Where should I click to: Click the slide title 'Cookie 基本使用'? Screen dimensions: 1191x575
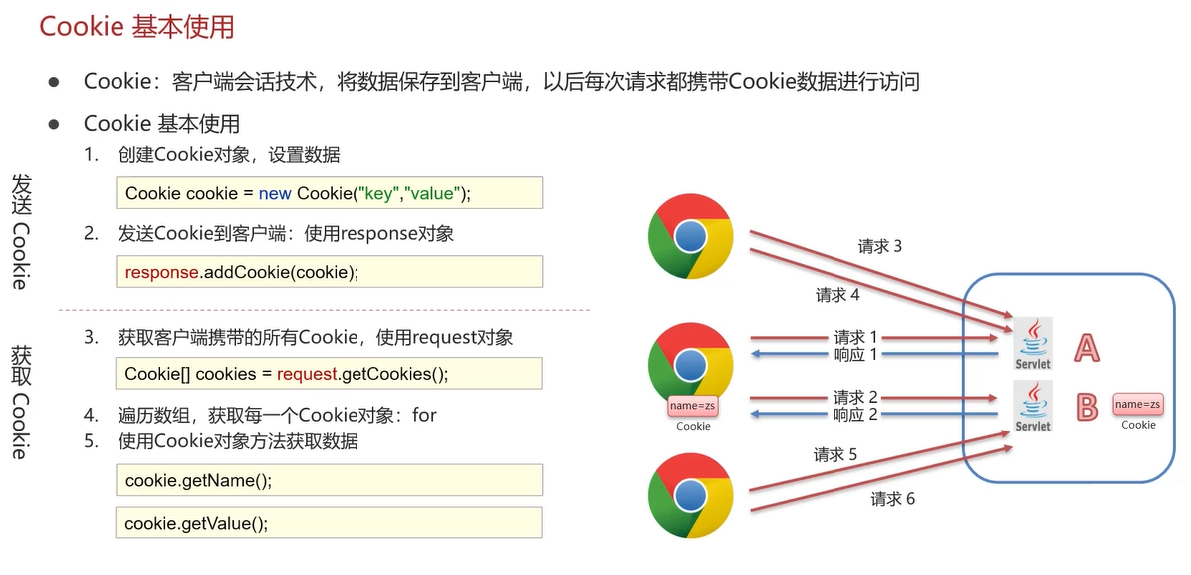(x=136, y=26)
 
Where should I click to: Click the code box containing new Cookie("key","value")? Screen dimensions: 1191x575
(x=330, y=193)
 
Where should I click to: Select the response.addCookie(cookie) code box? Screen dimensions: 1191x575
(x=330, y=272)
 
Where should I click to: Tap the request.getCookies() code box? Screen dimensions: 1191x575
(x=330, y=374)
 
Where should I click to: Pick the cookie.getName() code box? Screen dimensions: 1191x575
(x=330, y=480)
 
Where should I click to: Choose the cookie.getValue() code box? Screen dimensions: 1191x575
(x=330, y=523)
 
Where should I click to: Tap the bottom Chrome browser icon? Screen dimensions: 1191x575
(x=690, y=495)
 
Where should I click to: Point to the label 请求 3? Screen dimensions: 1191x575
(x=880, y=246)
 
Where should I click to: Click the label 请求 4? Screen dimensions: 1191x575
(x=837, y=295)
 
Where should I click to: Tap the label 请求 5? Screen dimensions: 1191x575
(x=835, y=455)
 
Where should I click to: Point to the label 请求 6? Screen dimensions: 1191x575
(x=893, y=498)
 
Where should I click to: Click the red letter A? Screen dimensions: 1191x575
(x=1087, y=347)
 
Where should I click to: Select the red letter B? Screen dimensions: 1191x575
(x=1087, y=406)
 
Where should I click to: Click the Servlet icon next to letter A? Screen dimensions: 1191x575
(x=1033, y=344)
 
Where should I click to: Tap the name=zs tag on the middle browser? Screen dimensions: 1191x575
(x=693, y=406)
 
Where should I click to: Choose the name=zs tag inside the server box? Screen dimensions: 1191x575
(x=1138, y=404)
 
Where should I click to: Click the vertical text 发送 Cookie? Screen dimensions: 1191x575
(x=20, y=231)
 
